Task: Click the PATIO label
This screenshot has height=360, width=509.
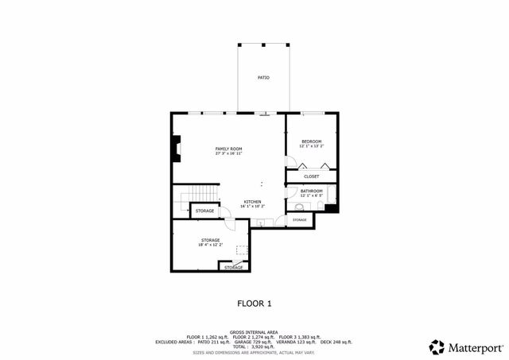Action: tap(262, 78)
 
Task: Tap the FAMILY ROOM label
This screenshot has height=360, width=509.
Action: tap(229, 149)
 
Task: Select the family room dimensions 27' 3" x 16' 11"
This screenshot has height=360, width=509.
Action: tap(229, 153)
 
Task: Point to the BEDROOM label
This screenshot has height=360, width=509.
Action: tap(310, 141)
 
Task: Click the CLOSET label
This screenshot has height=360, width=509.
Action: tap(311, 176)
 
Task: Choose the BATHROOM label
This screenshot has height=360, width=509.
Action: tap(311, 191)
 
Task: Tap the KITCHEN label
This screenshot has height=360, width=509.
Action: tap(252, 202)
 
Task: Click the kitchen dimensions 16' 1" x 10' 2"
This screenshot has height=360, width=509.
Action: tap(252, 207)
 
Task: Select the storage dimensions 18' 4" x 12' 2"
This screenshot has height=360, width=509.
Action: tap(210, 245)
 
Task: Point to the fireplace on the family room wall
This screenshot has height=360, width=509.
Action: tap(175, 149)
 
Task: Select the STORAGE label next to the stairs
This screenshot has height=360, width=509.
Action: tap(204, 211)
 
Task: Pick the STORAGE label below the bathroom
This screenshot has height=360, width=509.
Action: tap(299, 219)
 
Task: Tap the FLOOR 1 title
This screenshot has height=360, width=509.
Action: tap(254, 303)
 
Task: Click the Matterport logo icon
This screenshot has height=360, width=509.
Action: tap(437, 346)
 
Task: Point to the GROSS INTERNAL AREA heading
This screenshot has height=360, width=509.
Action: tap(254, 332)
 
